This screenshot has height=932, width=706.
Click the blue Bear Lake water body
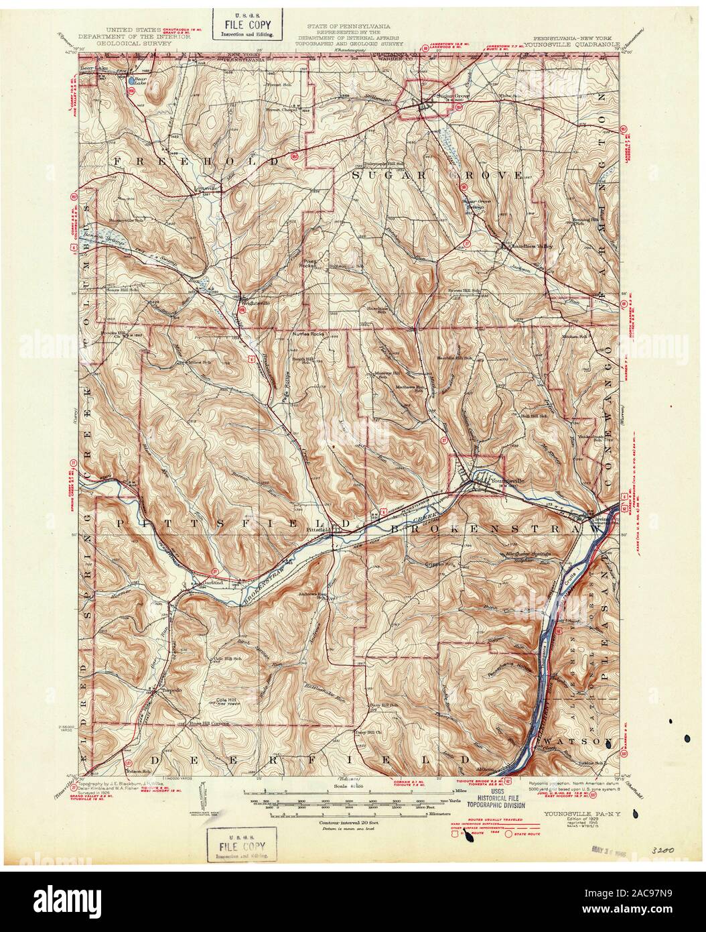[132, 80]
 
